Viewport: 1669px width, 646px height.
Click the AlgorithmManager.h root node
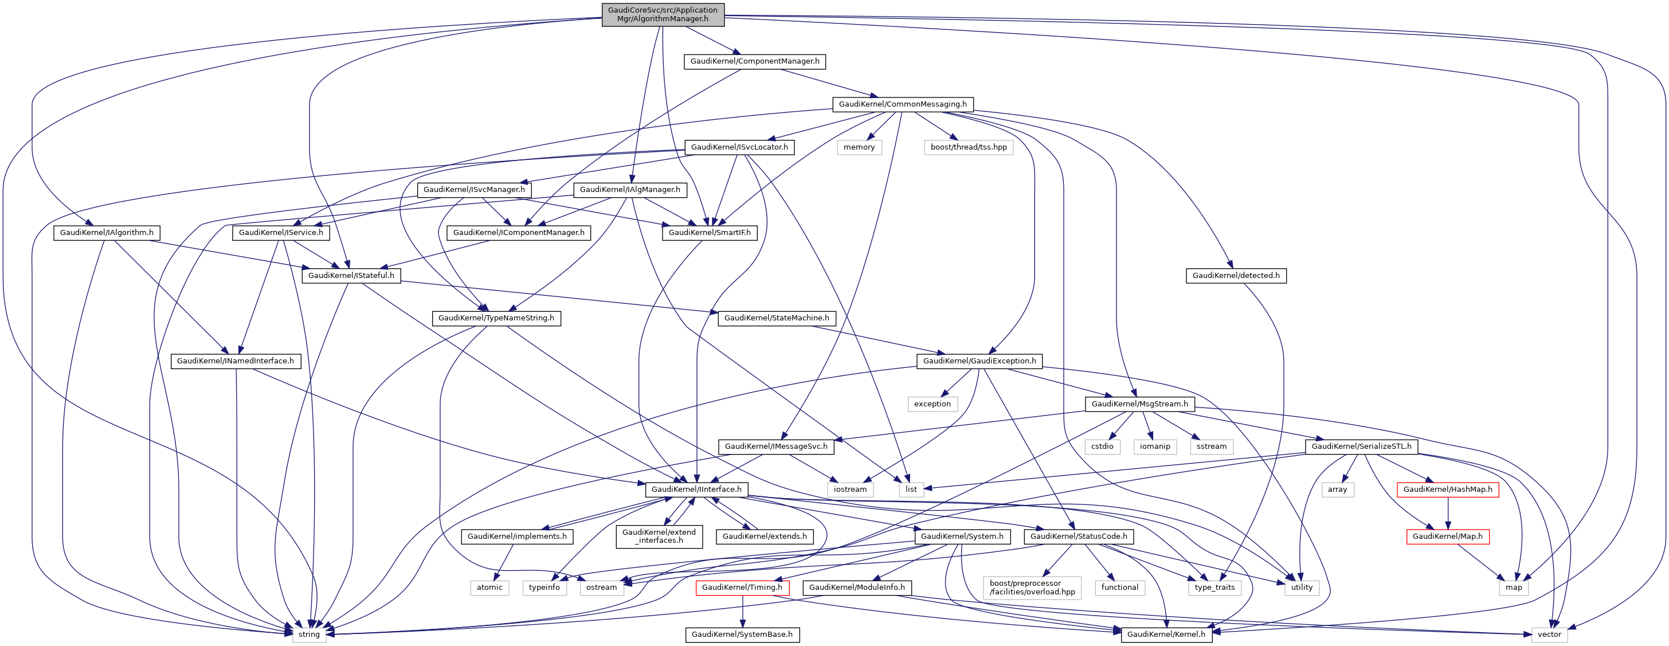pyautogui.click(x=663, y=14)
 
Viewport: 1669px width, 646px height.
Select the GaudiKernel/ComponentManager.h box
pyautogui.click(x=755, y=61)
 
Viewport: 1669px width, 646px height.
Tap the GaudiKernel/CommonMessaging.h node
pyautogui.click(x=903, y=104)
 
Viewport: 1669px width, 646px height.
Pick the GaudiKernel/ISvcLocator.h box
pyautogui.click(x=739, y=147)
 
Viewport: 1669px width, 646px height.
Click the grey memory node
pyautogui.click(x=859, y=147)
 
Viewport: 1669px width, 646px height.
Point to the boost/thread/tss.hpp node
pyautogui.click(x=969, y=147)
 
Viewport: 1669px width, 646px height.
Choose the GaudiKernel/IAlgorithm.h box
pyautogui.click(x=107, y=233)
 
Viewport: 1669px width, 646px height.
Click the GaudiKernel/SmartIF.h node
pyautogui.click(x=710, y=233)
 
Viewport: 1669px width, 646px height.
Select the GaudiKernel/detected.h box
pyautogui.click(x=1236, y=275)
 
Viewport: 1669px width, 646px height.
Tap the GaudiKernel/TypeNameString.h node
pyautogui.click(x=496, y=318)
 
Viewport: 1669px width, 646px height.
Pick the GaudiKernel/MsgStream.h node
pyautogui.click(x=1139, y=404)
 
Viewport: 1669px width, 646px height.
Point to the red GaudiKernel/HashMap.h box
pyautogui.click(x=1447, y=489)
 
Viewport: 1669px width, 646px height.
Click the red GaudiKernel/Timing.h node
pyautogui.click(x=742, y=588)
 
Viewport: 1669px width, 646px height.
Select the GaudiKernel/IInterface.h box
pyautogui.click(x=696, y=489)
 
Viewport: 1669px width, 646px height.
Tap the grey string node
pyautogui.click(x=309, y=635)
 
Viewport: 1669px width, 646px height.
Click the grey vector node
pyautogui.click(x=1549, y=635)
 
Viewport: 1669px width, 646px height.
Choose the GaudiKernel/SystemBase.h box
pyautogui.click(x=742, y=635)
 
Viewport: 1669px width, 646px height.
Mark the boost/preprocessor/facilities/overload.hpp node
pyautogui.click(x=1032, y=588)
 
